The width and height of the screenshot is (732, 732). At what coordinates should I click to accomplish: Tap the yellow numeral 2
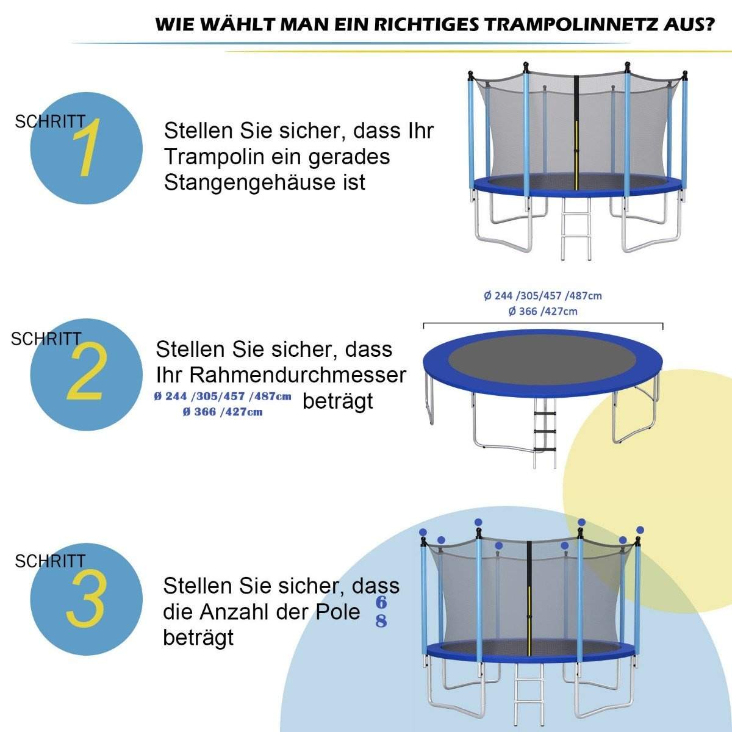[86, 373]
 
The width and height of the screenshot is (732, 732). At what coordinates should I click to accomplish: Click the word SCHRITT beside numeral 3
[50, 561]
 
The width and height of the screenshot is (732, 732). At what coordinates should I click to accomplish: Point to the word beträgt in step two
[337, 401]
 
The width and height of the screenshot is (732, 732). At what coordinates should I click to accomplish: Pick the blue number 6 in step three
[381, 603]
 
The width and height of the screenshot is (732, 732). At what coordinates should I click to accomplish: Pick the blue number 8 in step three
[381, 622]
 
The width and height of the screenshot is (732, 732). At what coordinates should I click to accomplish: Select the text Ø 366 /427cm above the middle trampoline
[542, 311]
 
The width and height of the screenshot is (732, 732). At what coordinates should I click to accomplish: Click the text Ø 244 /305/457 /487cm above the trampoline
[542, 296]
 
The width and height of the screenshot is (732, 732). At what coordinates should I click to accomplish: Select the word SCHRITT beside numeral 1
[50, 121]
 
